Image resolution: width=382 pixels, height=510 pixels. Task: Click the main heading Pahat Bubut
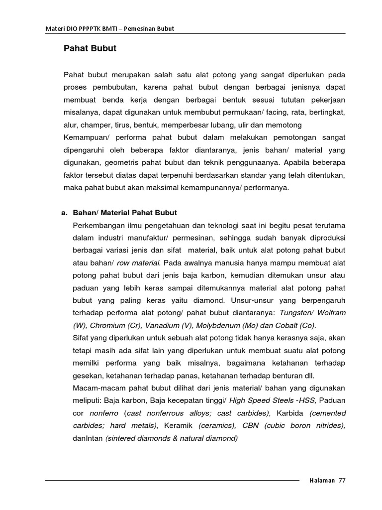pos(90,49)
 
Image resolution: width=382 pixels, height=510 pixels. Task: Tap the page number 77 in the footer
pos(341,481)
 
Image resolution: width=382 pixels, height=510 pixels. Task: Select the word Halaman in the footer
pos(322,481)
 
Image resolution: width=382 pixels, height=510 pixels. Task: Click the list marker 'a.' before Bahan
pos(64,213)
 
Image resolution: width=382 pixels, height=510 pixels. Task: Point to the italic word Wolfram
pos(328,313)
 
